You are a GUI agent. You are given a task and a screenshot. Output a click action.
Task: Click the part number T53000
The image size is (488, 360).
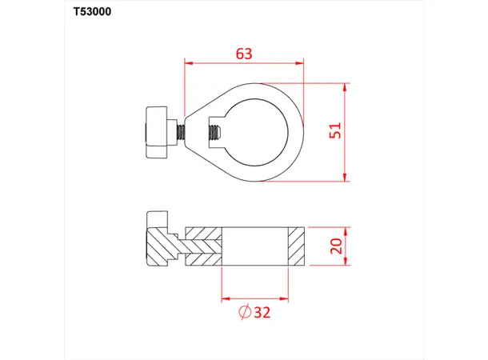tap(87, 14)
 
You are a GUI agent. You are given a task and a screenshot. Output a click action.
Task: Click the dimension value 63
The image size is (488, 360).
tap(244, 54)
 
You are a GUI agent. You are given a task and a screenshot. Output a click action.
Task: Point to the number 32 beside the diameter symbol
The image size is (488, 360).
tap(260, 311)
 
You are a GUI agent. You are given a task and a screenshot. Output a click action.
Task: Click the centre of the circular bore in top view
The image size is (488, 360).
tap(256, 131)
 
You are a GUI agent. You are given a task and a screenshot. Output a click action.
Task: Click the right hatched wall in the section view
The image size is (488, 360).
tap(296, 246)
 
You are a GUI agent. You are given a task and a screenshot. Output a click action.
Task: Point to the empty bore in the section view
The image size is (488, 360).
tap(254, 246)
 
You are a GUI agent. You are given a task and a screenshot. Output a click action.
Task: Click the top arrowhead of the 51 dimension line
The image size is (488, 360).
tap(346, 85)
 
